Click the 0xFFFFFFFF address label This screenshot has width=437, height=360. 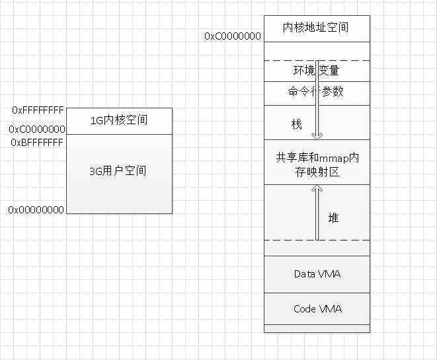(38, 110)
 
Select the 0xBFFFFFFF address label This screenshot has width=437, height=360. (38, 142)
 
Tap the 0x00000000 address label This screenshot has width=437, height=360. (36, 209)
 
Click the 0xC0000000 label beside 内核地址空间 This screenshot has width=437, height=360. (233, 36)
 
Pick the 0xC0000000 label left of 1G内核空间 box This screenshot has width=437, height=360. (37, 129)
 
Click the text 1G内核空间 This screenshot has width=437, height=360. (119, 120)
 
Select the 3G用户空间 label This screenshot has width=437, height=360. (118, 171)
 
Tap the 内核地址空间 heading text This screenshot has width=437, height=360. (317, 28)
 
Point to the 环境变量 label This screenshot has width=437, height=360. (317, 70)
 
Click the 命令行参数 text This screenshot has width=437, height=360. (316, 92)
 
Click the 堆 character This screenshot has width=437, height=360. (333, 217)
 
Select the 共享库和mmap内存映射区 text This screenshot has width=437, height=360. (317, 165)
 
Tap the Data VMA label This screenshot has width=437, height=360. (317, 273)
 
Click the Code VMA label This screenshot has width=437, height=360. (317, 308)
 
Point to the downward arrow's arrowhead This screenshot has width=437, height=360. (317, 135)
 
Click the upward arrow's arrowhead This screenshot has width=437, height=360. (317, 189)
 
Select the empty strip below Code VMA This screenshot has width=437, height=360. (317, 328)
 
